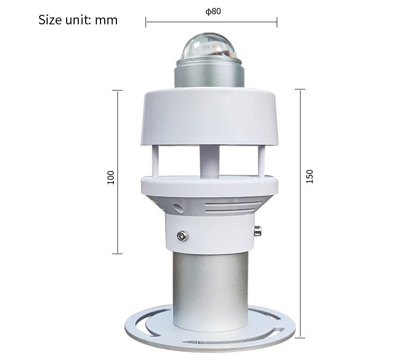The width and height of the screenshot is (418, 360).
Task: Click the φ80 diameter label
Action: pyautogui.click(x=213, y=11)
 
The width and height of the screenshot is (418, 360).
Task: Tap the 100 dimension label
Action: pyautogui.click(x=111, y=177)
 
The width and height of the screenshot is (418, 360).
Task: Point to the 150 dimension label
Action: pyautogui.click(x=309, y=176)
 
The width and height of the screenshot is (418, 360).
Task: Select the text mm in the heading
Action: pyautogui.click(x=106, y=21)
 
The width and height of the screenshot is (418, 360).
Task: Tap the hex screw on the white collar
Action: pyautogui.click(x=183, y=236)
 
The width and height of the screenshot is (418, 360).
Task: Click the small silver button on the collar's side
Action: pyautogui.click(x=257, y=231)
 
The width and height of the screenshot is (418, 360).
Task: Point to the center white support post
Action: pyautogui.click(x=210, y=161)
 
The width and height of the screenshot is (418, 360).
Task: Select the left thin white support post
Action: pyautogui.click(x=155, y=161)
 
